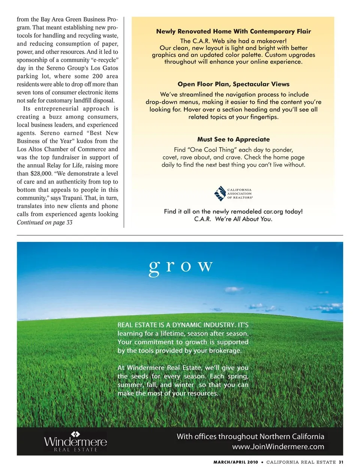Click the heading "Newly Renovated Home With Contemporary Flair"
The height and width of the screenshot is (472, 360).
click(x=233, y=31)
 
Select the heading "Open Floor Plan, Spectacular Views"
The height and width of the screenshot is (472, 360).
click(x=233, y=84)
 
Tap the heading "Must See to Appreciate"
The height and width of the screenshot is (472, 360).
click(x=233, y=139)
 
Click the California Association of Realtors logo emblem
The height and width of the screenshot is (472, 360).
click(x=220, y=194)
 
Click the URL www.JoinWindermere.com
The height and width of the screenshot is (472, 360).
click(x=278, y=447)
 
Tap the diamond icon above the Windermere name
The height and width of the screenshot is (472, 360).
click(x=75, y=434)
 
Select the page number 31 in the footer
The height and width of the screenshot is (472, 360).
click(x=341, y=462)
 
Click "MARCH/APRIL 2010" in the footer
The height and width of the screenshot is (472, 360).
click(x=235, y=462)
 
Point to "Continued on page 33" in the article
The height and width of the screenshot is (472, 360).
click(x=45, y=223)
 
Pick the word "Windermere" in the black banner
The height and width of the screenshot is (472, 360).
click(x=75, y=442)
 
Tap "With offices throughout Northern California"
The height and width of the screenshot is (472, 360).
click(x=250, y=436)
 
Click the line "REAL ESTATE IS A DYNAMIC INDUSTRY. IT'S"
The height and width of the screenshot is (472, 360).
click(x=183, y=325)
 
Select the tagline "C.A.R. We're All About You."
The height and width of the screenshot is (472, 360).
click(x=233, y=219)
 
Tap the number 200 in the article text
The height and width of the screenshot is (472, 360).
click(x=97, y=76)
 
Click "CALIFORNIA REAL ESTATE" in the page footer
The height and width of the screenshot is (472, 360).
click(x=301, y=462)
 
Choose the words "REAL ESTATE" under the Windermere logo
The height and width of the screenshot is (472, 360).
click(x=75, y=450)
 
